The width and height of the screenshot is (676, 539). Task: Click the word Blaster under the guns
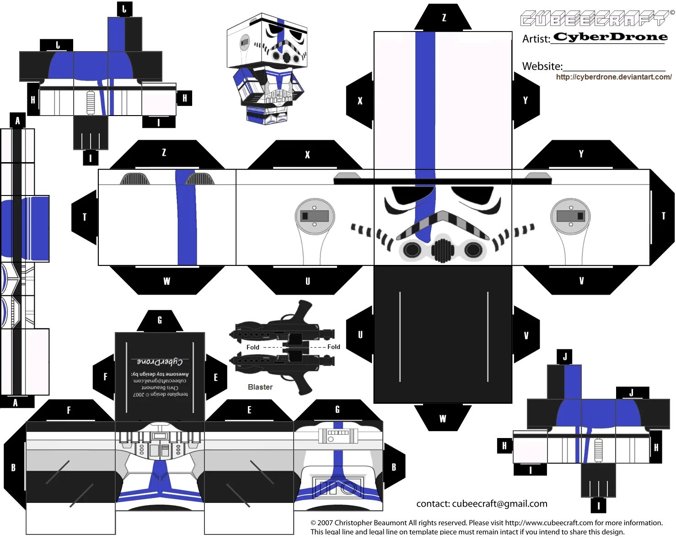(260, 387)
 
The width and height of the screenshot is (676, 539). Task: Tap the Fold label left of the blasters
(252, 347)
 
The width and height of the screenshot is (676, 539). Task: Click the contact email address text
(482, 503)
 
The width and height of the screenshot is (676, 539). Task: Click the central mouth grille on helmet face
(442, 249)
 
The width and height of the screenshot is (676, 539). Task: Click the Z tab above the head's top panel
(443, 18)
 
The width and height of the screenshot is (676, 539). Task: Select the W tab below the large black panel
(442, 418)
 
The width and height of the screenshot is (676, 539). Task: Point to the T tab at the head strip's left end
(85, 217)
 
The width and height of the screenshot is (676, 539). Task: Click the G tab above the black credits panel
(160, 320)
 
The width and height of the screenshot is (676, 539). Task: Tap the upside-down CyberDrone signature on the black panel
(160, 362)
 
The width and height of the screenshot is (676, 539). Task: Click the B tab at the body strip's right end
(394, 467)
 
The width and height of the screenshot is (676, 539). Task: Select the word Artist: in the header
(536, 39)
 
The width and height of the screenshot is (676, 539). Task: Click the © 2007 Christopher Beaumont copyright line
(486, 523)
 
